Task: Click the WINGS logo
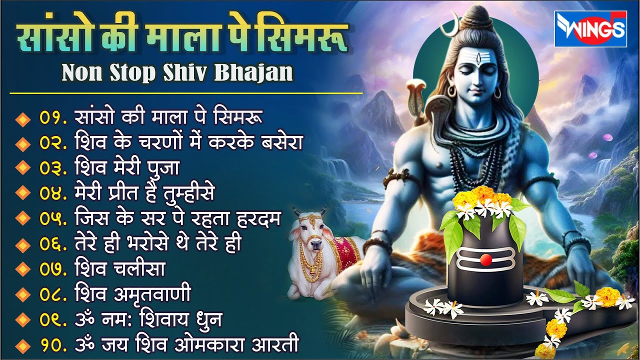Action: pos(590,28)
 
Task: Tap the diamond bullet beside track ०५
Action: pos(21,219)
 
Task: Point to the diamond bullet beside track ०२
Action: pos(21,144)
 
